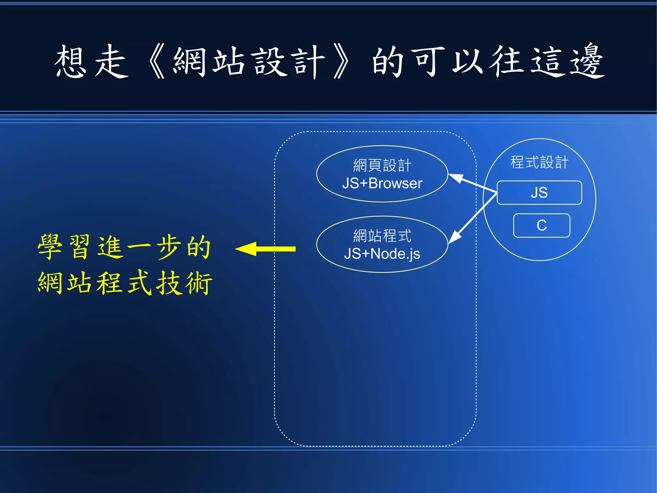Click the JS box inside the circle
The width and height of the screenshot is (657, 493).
[x=539, y=193]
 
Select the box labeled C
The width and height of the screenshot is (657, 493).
[x=542, y=225]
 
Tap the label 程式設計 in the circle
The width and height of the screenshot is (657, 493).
[x=539, y=162]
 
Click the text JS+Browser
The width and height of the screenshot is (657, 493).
[x=382, y=183]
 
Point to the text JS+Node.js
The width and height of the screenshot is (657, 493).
[x=382, y=254]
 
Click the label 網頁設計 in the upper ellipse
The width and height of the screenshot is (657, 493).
[x=382, y=165]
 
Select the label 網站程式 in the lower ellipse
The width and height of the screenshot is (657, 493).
[x=382, y=236]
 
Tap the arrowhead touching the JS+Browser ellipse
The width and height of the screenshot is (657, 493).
[x=456, y=178]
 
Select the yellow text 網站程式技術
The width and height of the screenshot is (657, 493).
[x=125, y=283]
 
